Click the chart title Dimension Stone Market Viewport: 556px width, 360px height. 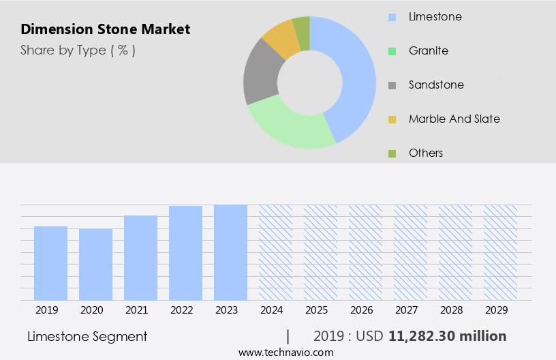coord(105,29)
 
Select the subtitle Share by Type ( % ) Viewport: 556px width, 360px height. coord(78,50)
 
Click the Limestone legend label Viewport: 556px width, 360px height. coord(435,16)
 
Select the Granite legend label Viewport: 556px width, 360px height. coord(428,50)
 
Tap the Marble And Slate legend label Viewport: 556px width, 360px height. coord(454,119)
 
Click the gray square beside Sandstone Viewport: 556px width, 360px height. coord(392,85)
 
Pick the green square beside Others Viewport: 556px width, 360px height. coord(392,153)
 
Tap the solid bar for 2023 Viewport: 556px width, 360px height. coord(230,252)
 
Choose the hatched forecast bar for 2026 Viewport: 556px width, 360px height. coord(365,252)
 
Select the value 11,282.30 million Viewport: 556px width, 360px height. coord(447,336)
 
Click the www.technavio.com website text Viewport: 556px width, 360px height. coord(285,352)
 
